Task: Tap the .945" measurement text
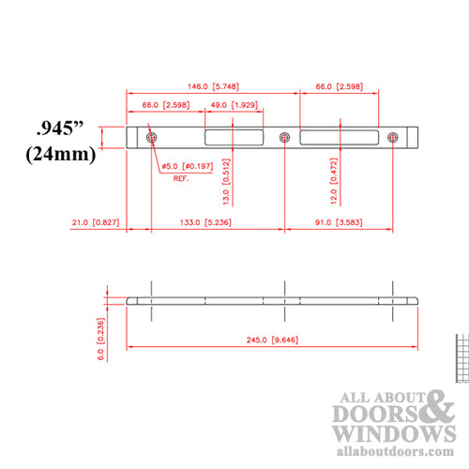click(65, 128)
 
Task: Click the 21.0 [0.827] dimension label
click(95, 222)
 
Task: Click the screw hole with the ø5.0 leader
click(152, 138)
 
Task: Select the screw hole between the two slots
click(284, 138)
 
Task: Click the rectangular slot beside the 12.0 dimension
click(340, 138)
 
